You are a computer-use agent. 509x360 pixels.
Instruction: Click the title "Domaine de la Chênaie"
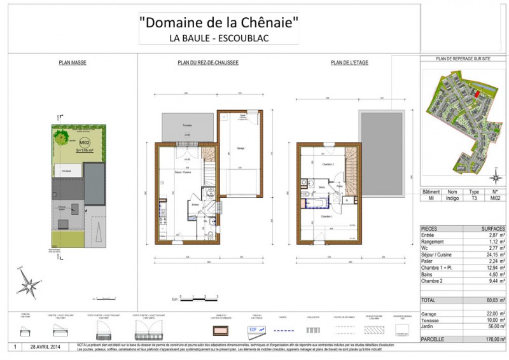tap(219, 22)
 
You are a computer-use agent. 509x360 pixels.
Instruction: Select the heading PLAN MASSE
tap(73, 63)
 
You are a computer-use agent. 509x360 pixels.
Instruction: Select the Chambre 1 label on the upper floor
tap(327, 216)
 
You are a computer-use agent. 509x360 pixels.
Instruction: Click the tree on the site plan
tap(61, 135)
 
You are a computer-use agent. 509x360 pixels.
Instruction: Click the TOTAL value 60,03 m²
tap(496, 300)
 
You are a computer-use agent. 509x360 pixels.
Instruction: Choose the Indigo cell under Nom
tap(452, 198)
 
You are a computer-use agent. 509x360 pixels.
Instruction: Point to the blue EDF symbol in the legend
tap(253, 330)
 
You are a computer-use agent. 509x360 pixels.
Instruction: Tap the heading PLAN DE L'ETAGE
tap(349, 63)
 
